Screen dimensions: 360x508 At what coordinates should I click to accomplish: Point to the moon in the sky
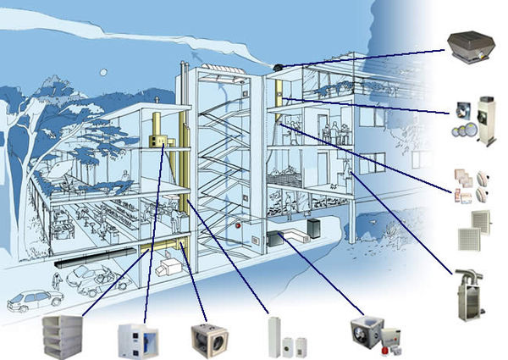pos(102,72)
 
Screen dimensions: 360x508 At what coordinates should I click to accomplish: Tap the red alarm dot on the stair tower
pos(240,226)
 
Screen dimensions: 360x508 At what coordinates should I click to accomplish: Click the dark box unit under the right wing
pos(313,227)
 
